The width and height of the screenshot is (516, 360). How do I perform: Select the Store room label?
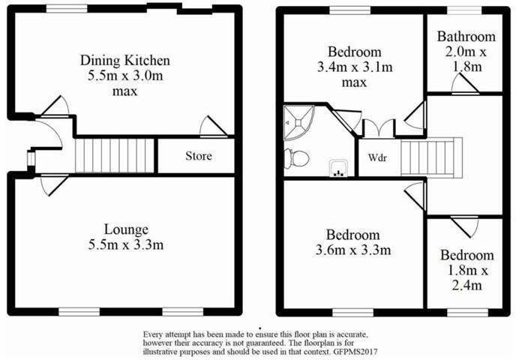coord(199,157)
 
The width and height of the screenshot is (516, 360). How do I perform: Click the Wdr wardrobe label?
coord(376,159)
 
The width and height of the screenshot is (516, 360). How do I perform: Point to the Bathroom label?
coord(466,37)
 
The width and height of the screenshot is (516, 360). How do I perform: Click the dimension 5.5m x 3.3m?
coord(127,244)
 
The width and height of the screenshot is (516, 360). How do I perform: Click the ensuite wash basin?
coord(338,168)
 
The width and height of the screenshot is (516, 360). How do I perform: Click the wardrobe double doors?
coord(376,128)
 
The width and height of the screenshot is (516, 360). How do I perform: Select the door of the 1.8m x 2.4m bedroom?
coord(467,225)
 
